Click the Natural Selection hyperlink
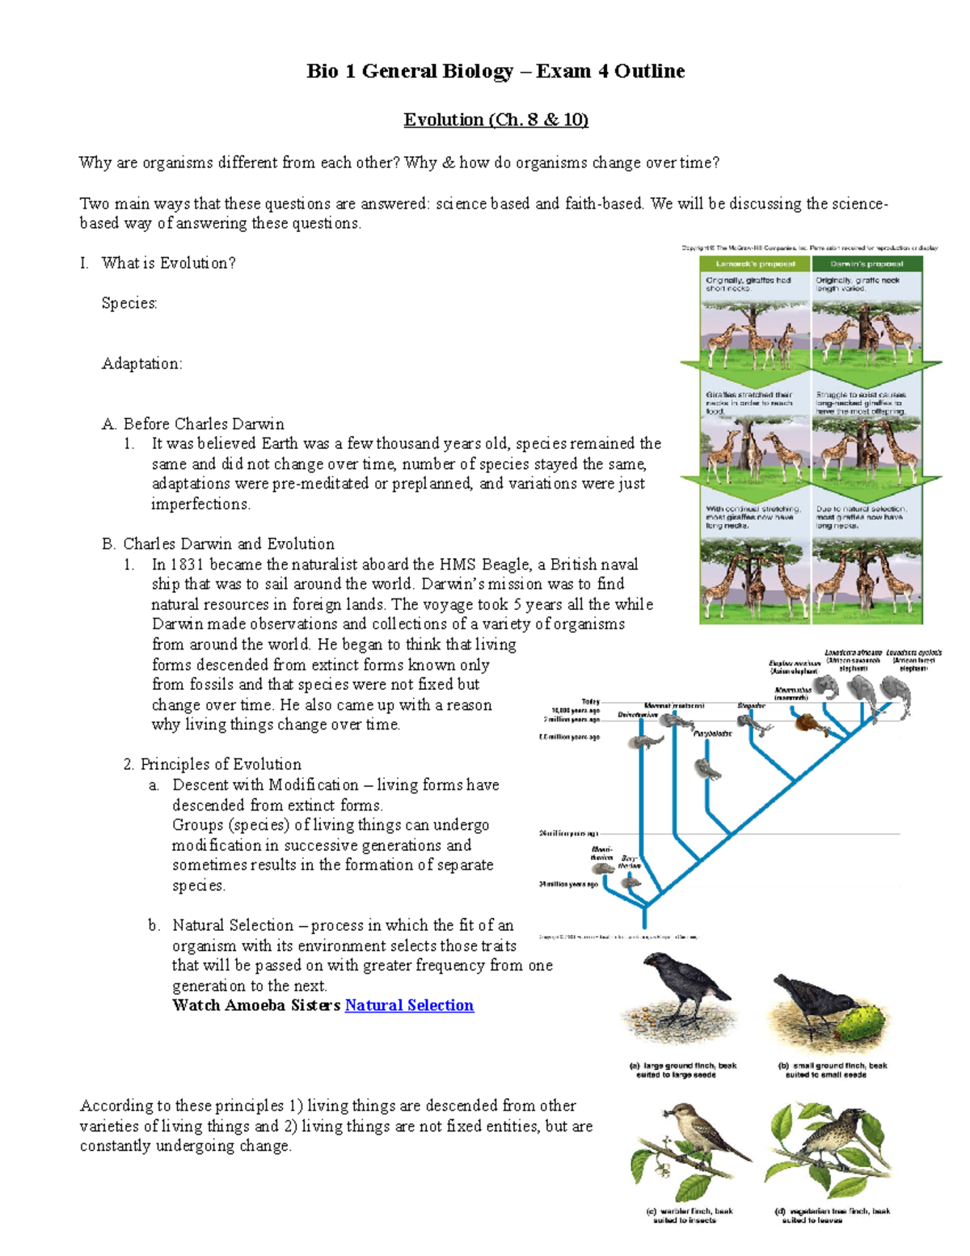click(x=409, y=1005)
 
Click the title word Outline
click(x=650, y=71)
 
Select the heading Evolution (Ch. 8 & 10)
click(x=496, y=120)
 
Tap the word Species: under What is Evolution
click(x=129, y=303)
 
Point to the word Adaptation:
click(x=141, y=364)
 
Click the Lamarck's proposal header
click(x=755, y=264)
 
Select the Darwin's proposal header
click(x=867, y=264)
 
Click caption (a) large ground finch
click(x=682, y=1070)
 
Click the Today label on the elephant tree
click(x=590, y=701)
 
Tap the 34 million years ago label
click(x=568, y=884)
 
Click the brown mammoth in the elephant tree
click(x=807, y=722)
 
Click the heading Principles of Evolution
click(x=220, y=764)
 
